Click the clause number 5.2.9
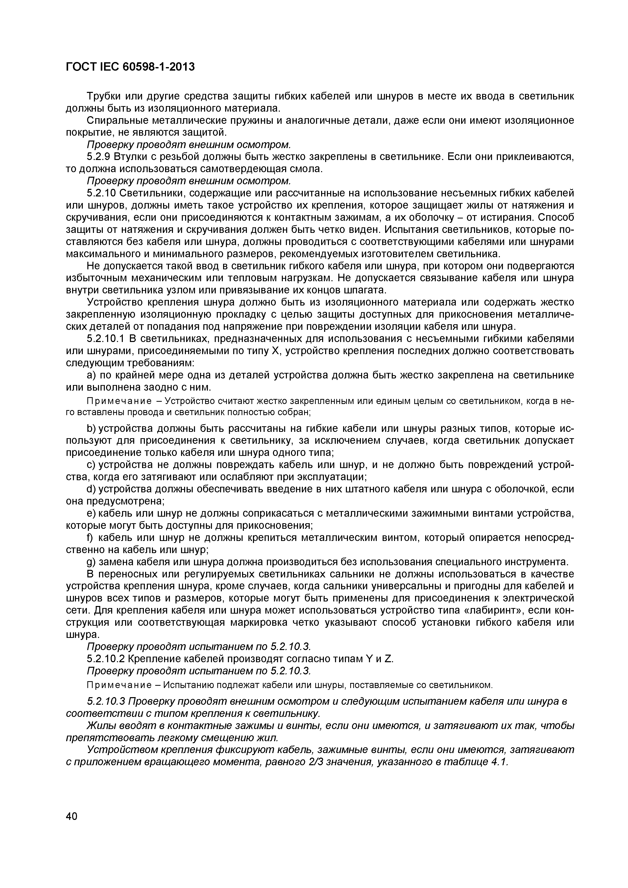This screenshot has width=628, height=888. pos(97,157)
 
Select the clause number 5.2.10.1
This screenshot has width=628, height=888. pos(105,339)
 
